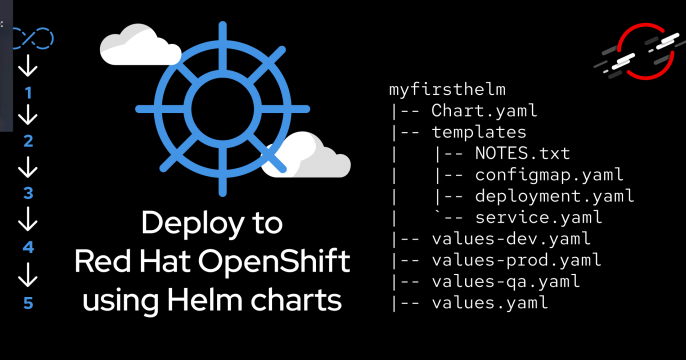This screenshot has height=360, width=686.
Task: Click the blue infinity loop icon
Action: tap(32, 41)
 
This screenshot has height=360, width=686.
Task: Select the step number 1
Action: tap(29, 93)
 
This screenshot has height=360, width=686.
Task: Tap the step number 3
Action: tap(29, 193)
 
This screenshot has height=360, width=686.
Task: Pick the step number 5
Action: tap(29, 300)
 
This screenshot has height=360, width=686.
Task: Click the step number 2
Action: tap(29, 141)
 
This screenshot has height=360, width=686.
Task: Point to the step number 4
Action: tap(29, 247)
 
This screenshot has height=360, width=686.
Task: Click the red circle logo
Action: tap(636, 50)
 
